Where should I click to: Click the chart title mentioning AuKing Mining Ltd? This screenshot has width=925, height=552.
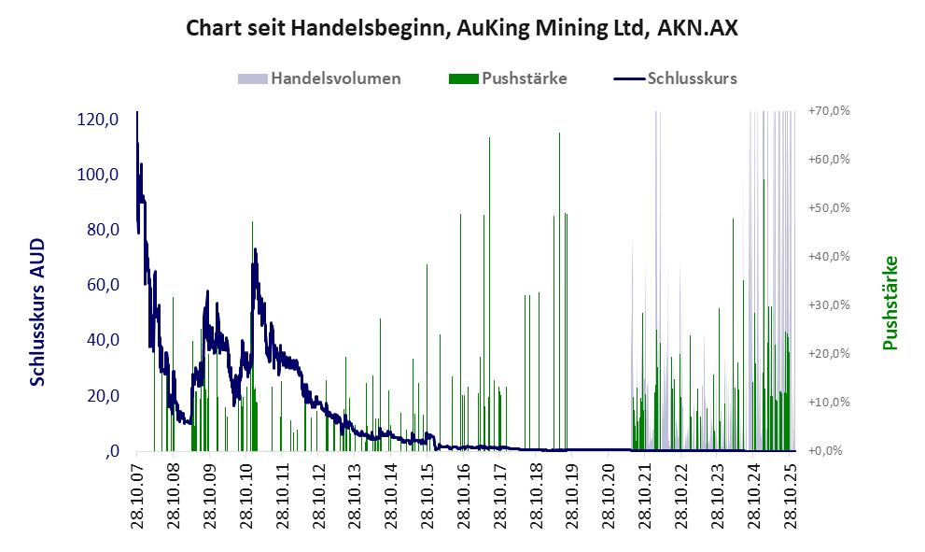click(462, 28)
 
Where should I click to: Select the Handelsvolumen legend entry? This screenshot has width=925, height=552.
click(335, 78)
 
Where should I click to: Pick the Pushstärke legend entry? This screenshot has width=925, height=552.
click(524, 78)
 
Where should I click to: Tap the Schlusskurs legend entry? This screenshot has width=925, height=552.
click(692, 78)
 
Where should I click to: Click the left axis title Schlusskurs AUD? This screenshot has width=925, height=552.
click(38, 311)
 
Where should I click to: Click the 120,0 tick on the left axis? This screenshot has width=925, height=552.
click(98, 120)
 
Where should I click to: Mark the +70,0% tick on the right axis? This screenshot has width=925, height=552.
click(828, 111)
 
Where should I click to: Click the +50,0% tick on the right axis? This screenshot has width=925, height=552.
click(828, 208)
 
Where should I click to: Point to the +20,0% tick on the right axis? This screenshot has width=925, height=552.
click(828, 354)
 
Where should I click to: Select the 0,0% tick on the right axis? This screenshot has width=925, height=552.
click(830, 451)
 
